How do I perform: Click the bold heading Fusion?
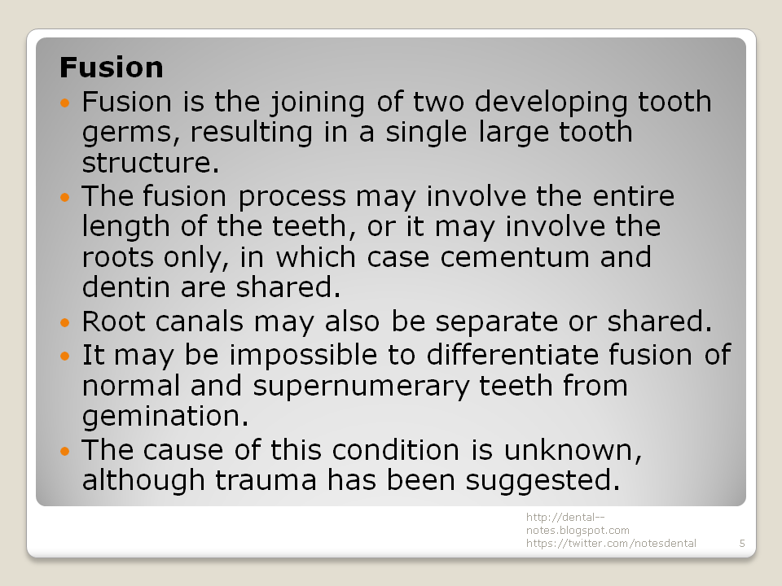[112, 67]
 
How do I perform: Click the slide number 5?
[742, 543]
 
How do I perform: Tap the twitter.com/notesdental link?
[611, 543]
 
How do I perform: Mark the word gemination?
[160, 417]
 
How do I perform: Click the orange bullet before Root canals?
[66, 322]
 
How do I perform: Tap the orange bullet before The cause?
[66, 450]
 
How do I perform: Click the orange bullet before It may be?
[66, 356]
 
